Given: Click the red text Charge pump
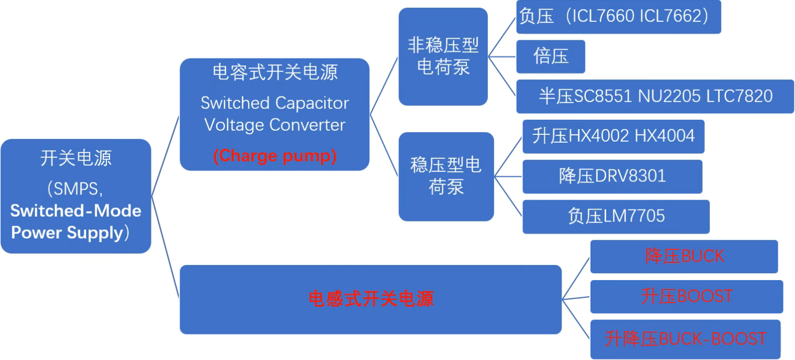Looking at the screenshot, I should (275, 156).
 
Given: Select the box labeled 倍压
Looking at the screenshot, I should (551, 56).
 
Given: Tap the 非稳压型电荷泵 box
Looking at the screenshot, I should (443, 57).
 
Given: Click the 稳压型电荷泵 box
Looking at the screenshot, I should (446, 176).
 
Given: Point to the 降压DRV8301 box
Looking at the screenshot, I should (612, 176).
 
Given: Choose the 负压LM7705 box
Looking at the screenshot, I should (616, 216).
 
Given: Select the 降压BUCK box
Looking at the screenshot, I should (684, 256).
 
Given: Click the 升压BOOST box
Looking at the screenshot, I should (686, 296).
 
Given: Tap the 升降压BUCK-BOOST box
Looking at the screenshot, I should (685, 339).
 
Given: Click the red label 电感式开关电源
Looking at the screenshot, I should (371, 299).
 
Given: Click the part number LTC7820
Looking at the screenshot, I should (739, 96).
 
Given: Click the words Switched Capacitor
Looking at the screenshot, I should (275, 103).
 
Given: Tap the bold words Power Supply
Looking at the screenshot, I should (66, 233).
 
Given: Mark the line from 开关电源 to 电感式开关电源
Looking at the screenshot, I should (165, 247).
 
